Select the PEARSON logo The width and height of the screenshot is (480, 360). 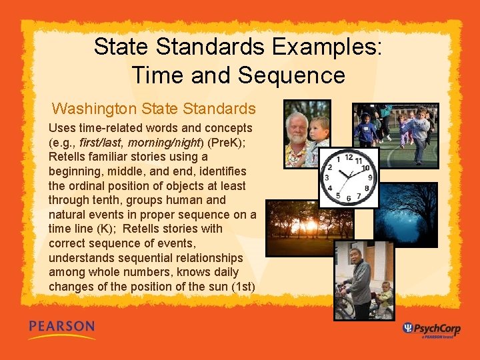tap(61, 328)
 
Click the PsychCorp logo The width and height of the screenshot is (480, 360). tap(431, 329)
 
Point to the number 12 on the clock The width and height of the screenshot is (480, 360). tap(347, 158)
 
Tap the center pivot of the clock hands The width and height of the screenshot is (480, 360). tap(347, 178)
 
